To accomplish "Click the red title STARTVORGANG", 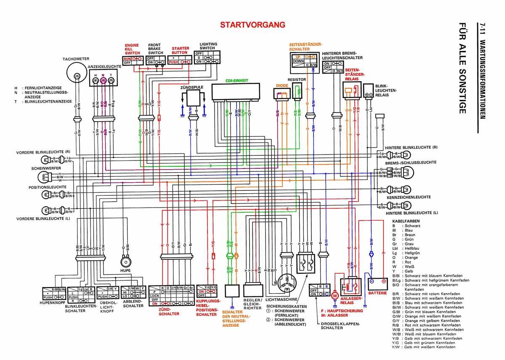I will coord(247,25).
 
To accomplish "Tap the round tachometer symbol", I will coord(77,75).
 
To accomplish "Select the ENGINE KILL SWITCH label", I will coord(132,49).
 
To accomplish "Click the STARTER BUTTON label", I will coord(180,51).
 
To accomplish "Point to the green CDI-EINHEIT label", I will coord(237,80).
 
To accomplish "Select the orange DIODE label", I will coord(282,85).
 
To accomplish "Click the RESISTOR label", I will coord(297,79).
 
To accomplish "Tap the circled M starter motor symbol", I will coord(335,296).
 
